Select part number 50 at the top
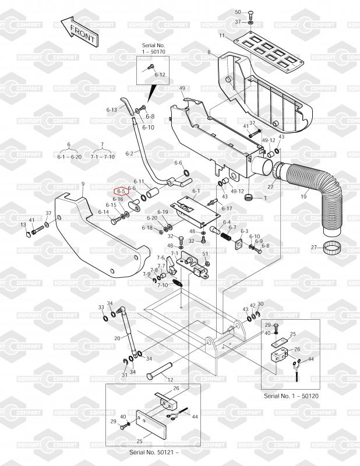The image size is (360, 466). click(237, 12)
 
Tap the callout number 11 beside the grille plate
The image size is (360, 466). click(221, 36)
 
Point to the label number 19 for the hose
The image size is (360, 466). click(303, 197)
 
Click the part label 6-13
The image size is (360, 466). click(112, 110)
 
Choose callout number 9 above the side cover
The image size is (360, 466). click(83, 185)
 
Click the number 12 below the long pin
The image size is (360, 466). click(171, 380)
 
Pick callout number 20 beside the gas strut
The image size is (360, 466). click(117, 338)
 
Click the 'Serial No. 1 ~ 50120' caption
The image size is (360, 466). click(291, 396)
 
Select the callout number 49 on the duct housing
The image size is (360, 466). click(182, 88)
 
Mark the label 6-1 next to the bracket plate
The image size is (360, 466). click(196, 191)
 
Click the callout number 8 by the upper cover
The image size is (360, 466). click(208, 53)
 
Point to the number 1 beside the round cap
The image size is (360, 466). click(264, 198)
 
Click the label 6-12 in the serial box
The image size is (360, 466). click(160, 75)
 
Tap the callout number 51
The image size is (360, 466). click(204, 253)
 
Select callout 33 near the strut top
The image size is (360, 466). click(101, 307)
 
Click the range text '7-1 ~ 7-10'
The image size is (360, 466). click(103, 157)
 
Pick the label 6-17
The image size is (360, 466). click(227, 208)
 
